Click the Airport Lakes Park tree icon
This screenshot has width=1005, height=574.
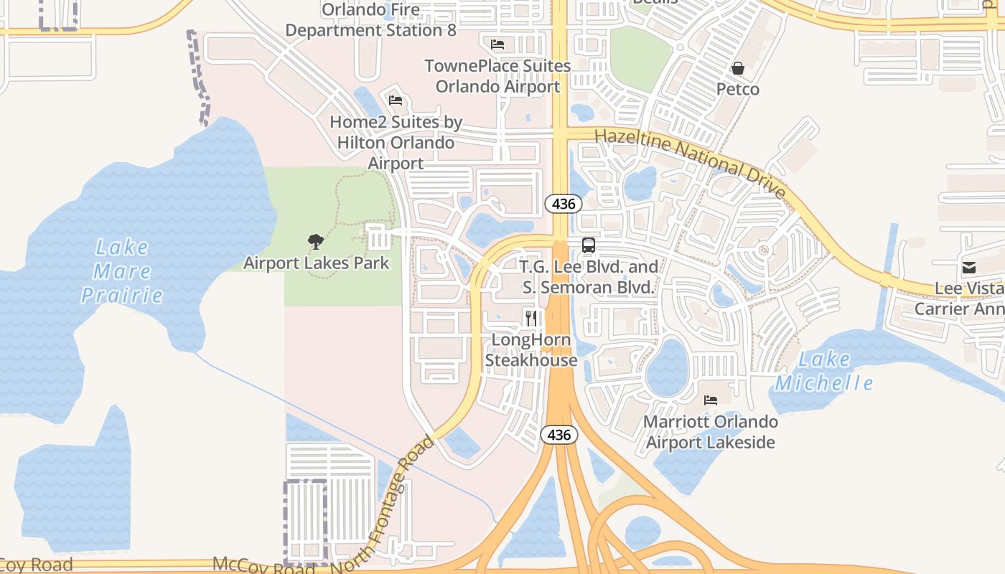(x=314, y=242)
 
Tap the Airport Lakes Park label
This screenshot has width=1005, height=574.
(x=317, y=263)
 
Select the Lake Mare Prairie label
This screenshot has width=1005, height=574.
(x=122, y=271)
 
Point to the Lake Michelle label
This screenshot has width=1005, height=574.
(x=824, y=372)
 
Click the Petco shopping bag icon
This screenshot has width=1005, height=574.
(x=737, y=68)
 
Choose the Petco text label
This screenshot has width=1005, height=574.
(x=738, y=89)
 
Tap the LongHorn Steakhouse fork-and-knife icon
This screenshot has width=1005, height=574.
(x=531, y=318)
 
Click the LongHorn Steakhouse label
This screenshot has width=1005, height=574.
(x=531, y=349)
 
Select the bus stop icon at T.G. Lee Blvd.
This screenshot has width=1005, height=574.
(x=589, y=245)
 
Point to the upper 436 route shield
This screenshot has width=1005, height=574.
(x=564, y=204)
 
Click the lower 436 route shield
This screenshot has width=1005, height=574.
(x=558, y=435)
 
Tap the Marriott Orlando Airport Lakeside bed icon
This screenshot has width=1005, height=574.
(x=711, y=400)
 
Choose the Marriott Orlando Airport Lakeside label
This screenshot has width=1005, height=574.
(x=711, y=431)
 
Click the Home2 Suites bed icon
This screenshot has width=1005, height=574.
(x=396, y=100)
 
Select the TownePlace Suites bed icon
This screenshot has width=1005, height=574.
(x=497, y=44)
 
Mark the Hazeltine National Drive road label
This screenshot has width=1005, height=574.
(x=691, y=163)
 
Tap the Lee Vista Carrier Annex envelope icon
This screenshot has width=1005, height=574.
(x=968, y=268)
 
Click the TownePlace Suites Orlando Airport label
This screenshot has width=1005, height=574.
(x=497, y=76)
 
